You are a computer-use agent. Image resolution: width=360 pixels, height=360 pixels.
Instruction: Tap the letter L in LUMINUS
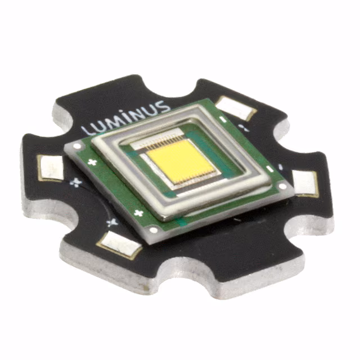click(86, 129)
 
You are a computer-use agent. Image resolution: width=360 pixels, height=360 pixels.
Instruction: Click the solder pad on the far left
click(50, 168)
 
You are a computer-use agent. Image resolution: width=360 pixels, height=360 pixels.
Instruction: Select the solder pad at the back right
click(234, 107)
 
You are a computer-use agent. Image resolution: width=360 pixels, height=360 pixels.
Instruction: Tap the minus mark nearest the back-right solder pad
click(223, 120)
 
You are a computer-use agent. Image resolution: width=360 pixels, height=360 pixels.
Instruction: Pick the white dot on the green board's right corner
click(282, 186)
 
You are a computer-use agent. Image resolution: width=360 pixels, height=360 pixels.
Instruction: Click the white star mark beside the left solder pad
click(75, 183)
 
